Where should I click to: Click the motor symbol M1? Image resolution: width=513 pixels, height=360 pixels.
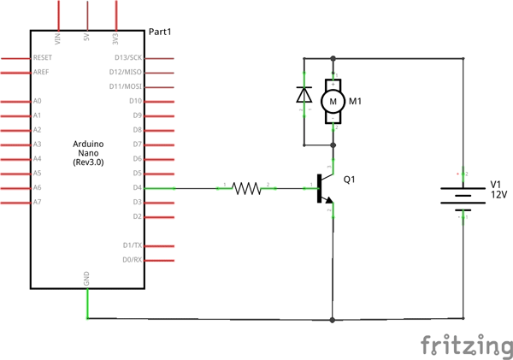pyautogui.click(x=333, y=101)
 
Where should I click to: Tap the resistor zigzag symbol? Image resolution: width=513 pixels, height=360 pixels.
pyautogui.click(x=247, y=188)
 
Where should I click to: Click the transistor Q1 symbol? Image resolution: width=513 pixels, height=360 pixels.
pyautogui.click(x=325, y=188)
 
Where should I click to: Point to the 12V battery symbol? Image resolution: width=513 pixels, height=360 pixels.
pyautogui.click(x=463, y=196)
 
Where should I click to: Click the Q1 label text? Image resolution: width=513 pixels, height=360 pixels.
pyautogui.click(x=349, y=180)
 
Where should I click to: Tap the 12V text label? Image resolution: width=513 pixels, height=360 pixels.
pyautogui.click(x=498, y=195)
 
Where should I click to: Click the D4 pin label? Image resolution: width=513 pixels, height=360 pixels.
pyautogui.click(x=136, y=187)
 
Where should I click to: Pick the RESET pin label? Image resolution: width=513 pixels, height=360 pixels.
pyautogui.click(x=43, y=57)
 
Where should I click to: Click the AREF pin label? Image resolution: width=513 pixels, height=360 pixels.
pyautogui.click(x=41, y=72)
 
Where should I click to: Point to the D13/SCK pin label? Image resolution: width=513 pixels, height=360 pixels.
pyautogui.click(x=128, y=57)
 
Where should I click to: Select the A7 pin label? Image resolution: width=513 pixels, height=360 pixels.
pyautogui.click(x=37, y=202)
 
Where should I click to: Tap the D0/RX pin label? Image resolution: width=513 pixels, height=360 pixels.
pyautogui.click(x=132, y=259)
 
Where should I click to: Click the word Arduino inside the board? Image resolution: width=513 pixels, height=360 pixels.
pyautogui.click(x=87, y=143)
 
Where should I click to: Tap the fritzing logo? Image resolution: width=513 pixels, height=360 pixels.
pyautogui.click(x=465, y=345)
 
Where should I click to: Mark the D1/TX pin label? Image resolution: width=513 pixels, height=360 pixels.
pyautogui.click(x=132, y=245)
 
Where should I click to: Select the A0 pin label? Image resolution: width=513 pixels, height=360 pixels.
pyautogui.click(x=37, y=101)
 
